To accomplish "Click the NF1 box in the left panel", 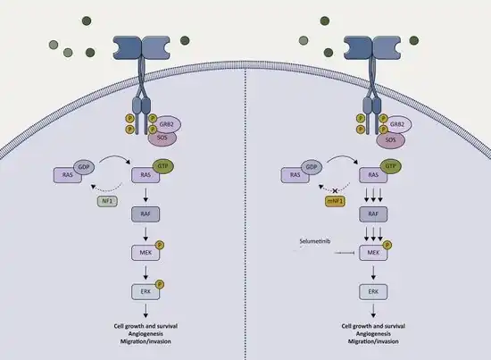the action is pyautogui.click(x=107, y=201).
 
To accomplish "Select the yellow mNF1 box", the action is pyautogui.click(x=335, y=201).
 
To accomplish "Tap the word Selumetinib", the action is pyautogui.click(x=315, y=241).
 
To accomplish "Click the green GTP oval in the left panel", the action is pyautogui.click(x=163, y=166).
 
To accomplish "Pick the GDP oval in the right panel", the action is pyautogui.click(x=312, y=167).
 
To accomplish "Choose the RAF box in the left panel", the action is pyautogui.click(x=146, y=214).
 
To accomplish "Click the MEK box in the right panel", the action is pyautogui.click(x=373, y=253).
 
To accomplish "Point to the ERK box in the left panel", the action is pyautogui.click(x=146, y=292).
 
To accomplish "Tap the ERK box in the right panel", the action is pyautogui.click(x=373, y=292).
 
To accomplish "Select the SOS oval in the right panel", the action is pyautogui.click(x=390, y=139).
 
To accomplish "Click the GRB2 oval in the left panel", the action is pyautogui.click(x=167, y=124).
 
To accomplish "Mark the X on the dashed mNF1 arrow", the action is pyautogui.click(x=335, y=190).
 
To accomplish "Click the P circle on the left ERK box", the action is pyautogui.click(x=160, y=284).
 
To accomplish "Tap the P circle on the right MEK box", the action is pyautogui.click(x=387, y=245).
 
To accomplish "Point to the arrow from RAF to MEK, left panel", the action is pyautogui.click(x=146, y=234).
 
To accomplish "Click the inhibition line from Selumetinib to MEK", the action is pyautogui.click(x=345, y=253).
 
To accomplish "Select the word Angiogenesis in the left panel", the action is pyautogui.click(x=146, y=334).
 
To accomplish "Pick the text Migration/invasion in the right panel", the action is pyautogui.click(x=373, y=341).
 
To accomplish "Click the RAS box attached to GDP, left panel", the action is pyautogui.click(x=68, y=175).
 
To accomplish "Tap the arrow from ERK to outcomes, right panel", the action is pyautogui.click(x=373, y=311).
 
